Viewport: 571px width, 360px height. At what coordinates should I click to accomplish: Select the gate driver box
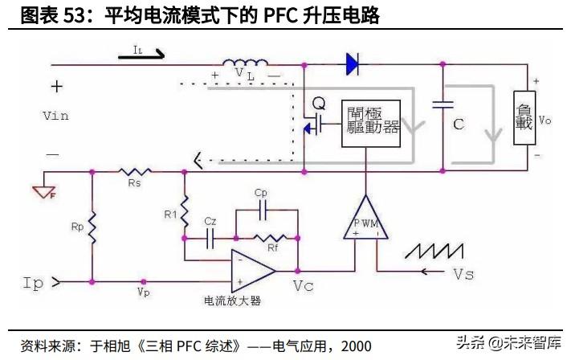370,125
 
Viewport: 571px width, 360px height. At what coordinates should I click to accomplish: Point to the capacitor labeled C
440,104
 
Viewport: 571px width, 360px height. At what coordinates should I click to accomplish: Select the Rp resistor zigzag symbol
92,229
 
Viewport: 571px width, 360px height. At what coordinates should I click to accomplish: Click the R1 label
169,214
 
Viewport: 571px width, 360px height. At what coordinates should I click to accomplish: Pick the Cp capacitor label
260,194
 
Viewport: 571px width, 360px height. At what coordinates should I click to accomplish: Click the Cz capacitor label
210,221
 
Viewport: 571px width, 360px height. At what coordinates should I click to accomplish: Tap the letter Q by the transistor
318,104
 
